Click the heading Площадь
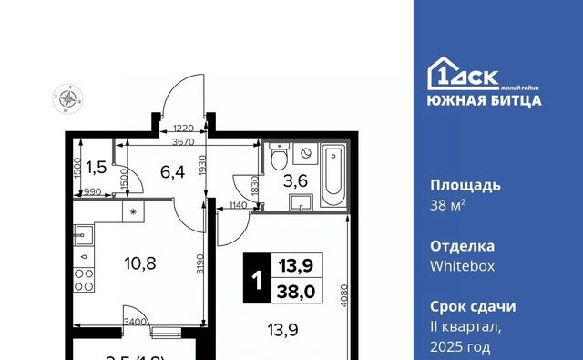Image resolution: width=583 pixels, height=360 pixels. tap(465, 185)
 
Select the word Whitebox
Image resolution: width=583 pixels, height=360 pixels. tap(460, 264)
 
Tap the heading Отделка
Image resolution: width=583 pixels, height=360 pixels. tap(463, 246)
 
